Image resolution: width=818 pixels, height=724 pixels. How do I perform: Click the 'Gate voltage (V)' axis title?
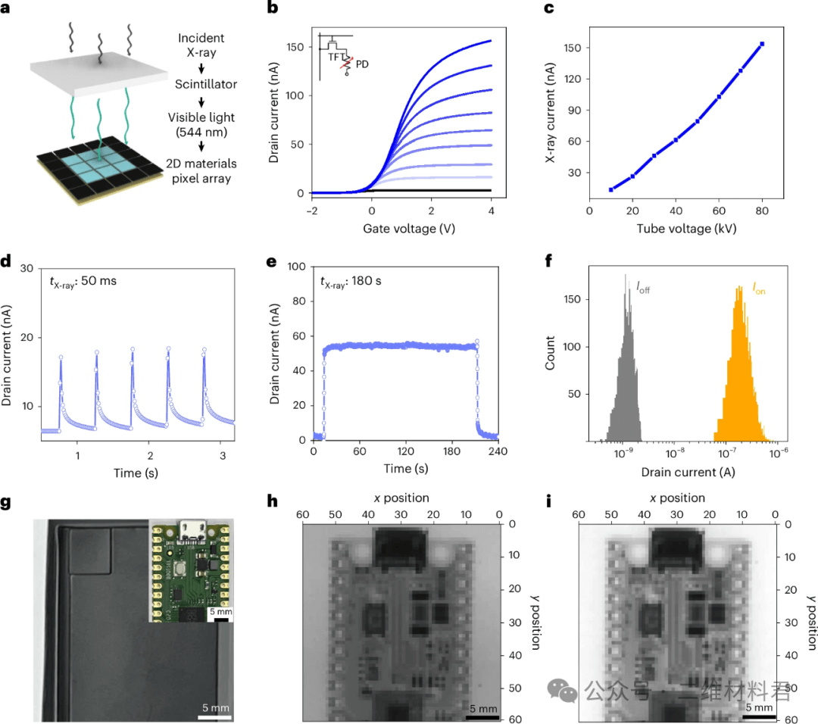(402, 229)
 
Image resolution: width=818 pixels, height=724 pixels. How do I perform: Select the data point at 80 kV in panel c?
(762, 44)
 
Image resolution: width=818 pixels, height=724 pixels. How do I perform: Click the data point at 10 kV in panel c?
(611, 189)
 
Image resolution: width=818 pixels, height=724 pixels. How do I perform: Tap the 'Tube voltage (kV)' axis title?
(686, 229)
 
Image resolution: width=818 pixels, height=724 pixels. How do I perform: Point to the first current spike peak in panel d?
(61, 357)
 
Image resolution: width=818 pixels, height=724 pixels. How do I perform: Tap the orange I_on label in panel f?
(757, 289)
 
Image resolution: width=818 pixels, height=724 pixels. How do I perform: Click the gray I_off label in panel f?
(642, 289)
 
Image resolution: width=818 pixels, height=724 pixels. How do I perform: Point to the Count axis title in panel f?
(551, 353)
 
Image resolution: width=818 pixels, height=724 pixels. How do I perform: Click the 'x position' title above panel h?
(401, 498)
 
